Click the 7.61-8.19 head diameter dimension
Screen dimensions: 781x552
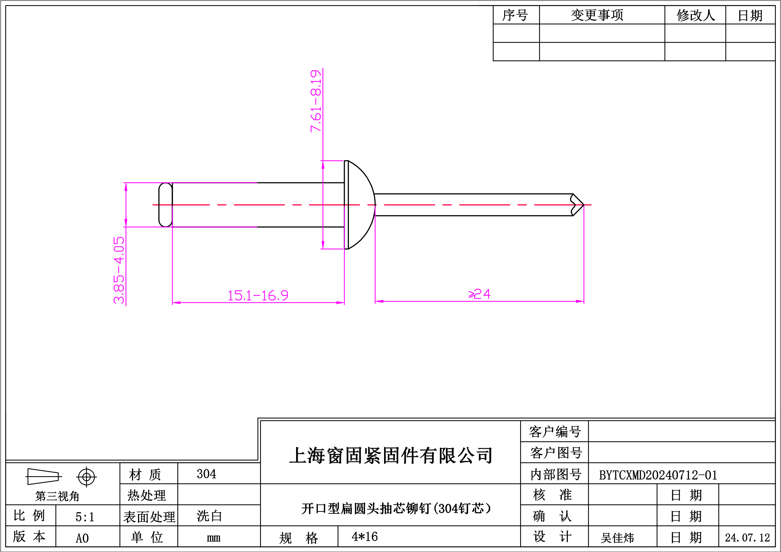pos(316,101)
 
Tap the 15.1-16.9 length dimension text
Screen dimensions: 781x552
pos(258,295)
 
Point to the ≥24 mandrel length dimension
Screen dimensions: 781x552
pos(479,294)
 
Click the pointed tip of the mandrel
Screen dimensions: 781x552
pos(584,205)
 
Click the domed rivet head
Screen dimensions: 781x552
pos(360,205)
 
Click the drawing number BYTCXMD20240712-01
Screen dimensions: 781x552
pos(658,475)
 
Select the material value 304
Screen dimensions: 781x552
pos(206,474)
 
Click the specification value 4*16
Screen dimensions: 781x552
pos(365,537)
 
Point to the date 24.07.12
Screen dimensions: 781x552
pos(747,538)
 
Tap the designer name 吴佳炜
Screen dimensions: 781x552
pos(617,538)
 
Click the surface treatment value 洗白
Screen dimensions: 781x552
pos(209,516)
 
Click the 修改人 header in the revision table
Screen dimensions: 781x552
pos(696,15)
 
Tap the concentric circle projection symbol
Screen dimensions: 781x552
pos(86,477)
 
